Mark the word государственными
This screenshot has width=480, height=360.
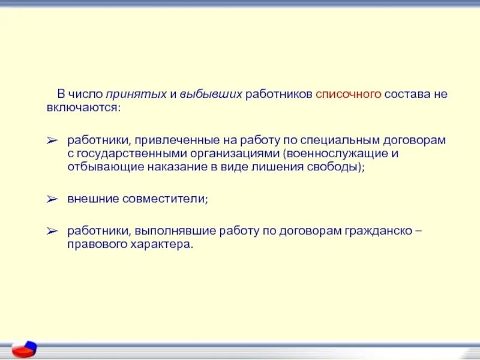pyautogui.click(x=122, y=154)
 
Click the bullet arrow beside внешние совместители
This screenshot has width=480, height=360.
pyautogui.click(x=52, y=199)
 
